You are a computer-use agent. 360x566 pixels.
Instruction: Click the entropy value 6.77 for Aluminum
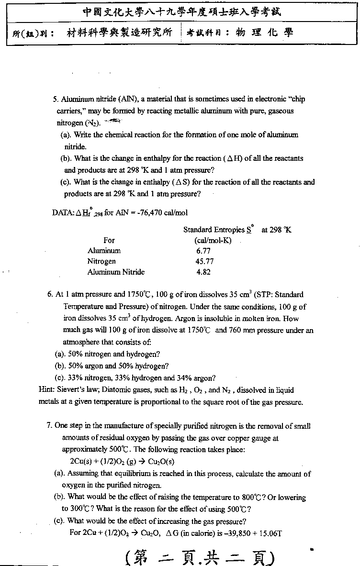[203, 251]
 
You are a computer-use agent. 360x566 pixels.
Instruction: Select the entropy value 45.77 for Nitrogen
[205, 261]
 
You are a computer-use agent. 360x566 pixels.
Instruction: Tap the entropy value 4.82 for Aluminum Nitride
[203, 272]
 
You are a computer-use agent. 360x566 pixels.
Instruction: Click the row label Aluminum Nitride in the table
[116, 272]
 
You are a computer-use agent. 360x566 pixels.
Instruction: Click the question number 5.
[56, 100]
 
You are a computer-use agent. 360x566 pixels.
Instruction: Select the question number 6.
[50, 295]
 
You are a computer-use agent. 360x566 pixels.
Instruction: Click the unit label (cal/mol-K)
[213, 240]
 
